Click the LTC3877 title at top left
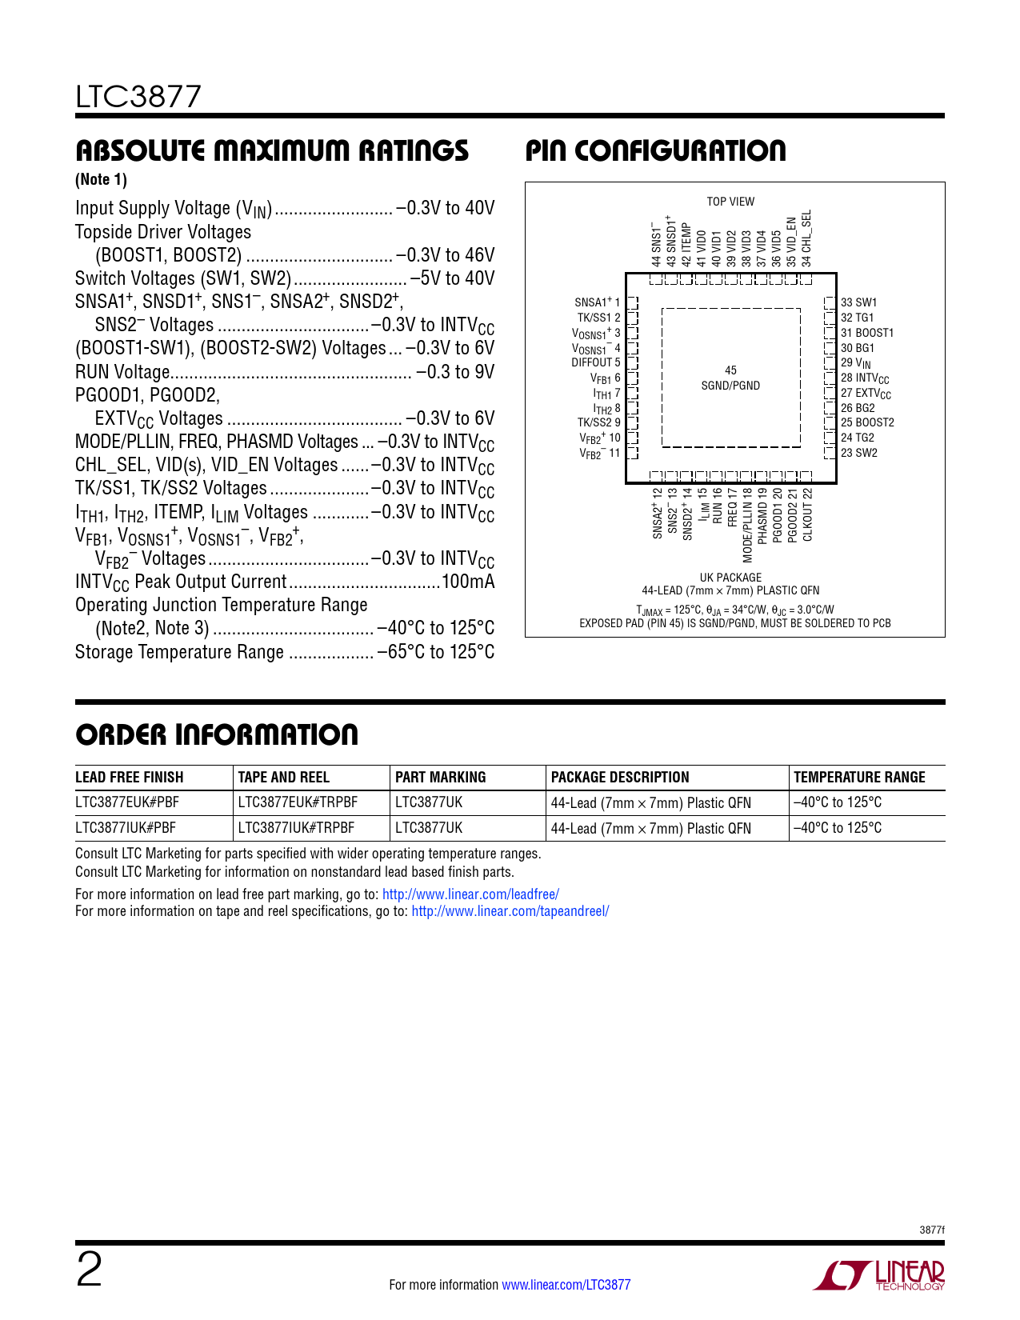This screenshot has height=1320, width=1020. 138,97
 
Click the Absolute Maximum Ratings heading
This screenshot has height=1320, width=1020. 272,150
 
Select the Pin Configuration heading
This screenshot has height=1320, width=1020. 655,150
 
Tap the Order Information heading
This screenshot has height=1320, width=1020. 217,734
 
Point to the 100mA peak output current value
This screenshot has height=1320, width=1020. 468,582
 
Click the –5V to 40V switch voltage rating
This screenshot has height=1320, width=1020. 453,278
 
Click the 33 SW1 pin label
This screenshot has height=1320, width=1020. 858,302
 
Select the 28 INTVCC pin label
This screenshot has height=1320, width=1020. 864,378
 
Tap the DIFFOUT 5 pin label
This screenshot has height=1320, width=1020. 596,362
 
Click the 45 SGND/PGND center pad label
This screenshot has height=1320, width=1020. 730,378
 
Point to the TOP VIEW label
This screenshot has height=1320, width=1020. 730,202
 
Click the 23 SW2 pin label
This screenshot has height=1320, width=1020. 858,453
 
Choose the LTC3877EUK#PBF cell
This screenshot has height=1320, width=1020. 127,802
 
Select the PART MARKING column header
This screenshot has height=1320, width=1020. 441,777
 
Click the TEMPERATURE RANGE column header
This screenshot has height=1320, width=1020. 859,777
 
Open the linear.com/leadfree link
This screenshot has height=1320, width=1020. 470,894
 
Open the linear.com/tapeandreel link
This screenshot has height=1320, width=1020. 510,911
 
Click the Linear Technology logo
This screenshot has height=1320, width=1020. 879,1275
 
